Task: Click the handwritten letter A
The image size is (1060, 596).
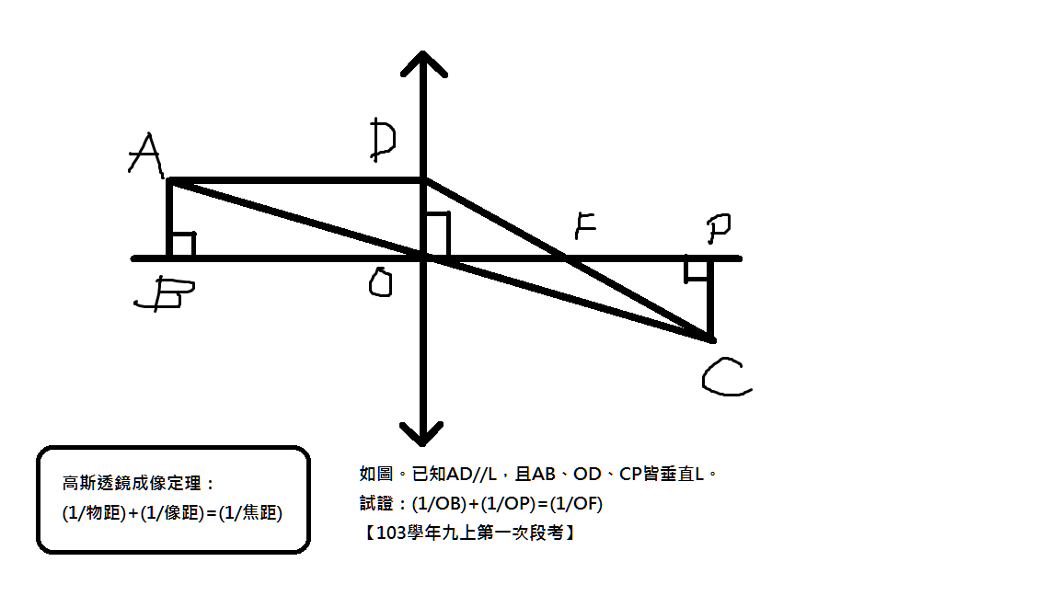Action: coord(145,155)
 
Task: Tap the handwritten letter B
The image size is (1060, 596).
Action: coord(165,293)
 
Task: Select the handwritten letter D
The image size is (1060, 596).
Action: coord(383,140)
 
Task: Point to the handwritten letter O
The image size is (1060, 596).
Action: coord(381,282)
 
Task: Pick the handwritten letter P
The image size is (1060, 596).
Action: coord(719,228)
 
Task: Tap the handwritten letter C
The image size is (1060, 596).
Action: coord(727,376)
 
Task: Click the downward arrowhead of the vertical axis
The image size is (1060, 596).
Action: coord(421,434)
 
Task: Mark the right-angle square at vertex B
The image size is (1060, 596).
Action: coord(183,245)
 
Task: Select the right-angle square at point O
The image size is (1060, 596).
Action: coord(437,235)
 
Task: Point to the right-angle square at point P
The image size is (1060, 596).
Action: coord(697,269)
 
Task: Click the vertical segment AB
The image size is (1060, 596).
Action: coord(169,219)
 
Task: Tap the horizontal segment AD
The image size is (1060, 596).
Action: coord(296,180)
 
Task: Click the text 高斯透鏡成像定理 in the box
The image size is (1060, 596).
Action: coord(132,484)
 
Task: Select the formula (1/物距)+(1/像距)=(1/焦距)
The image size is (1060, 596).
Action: coord(172,513)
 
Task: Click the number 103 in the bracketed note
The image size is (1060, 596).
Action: coord(390,533)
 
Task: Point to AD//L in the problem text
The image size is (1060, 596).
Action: coord(471,474)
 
